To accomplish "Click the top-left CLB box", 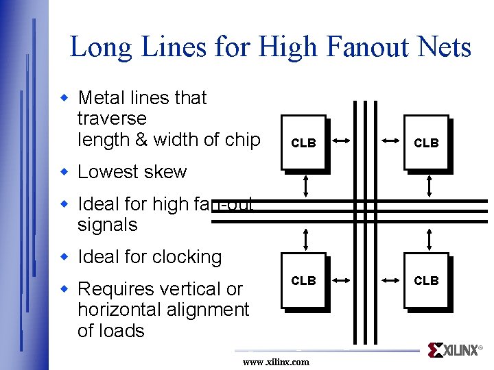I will (x=304, y=143).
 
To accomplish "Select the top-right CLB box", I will (x=426, y=143).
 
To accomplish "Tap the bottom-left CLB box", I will (x=304, y=281).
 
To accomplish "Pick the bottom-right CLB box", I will (x=426, y=281).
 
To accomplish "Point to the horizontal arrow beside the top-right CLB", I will (x=391, y=140).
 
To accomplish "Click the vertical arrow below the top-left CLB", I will (x=307, y=184).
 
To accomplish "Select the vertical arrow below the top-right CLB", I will (x=430, y=184).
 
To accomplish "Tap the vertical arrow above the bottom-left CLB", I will (x=307, y=239).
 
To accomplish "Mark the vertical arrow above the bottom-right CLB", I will (x=430, y=239).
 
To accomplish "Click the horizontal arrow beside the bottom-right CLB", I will (x=391, y=280).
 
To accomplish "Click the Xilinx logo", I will (x=453, y=350).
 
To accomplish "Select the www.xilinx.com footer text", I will (x=276, y=362).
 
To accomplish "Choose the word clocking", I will (x=185, y=257).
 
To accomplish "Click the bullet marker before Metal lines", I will (x=65, y=99).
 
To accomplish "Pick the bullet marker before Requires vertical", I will (x=65, y=289).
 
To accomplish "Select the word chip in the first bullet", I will (x=242, y=140).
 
